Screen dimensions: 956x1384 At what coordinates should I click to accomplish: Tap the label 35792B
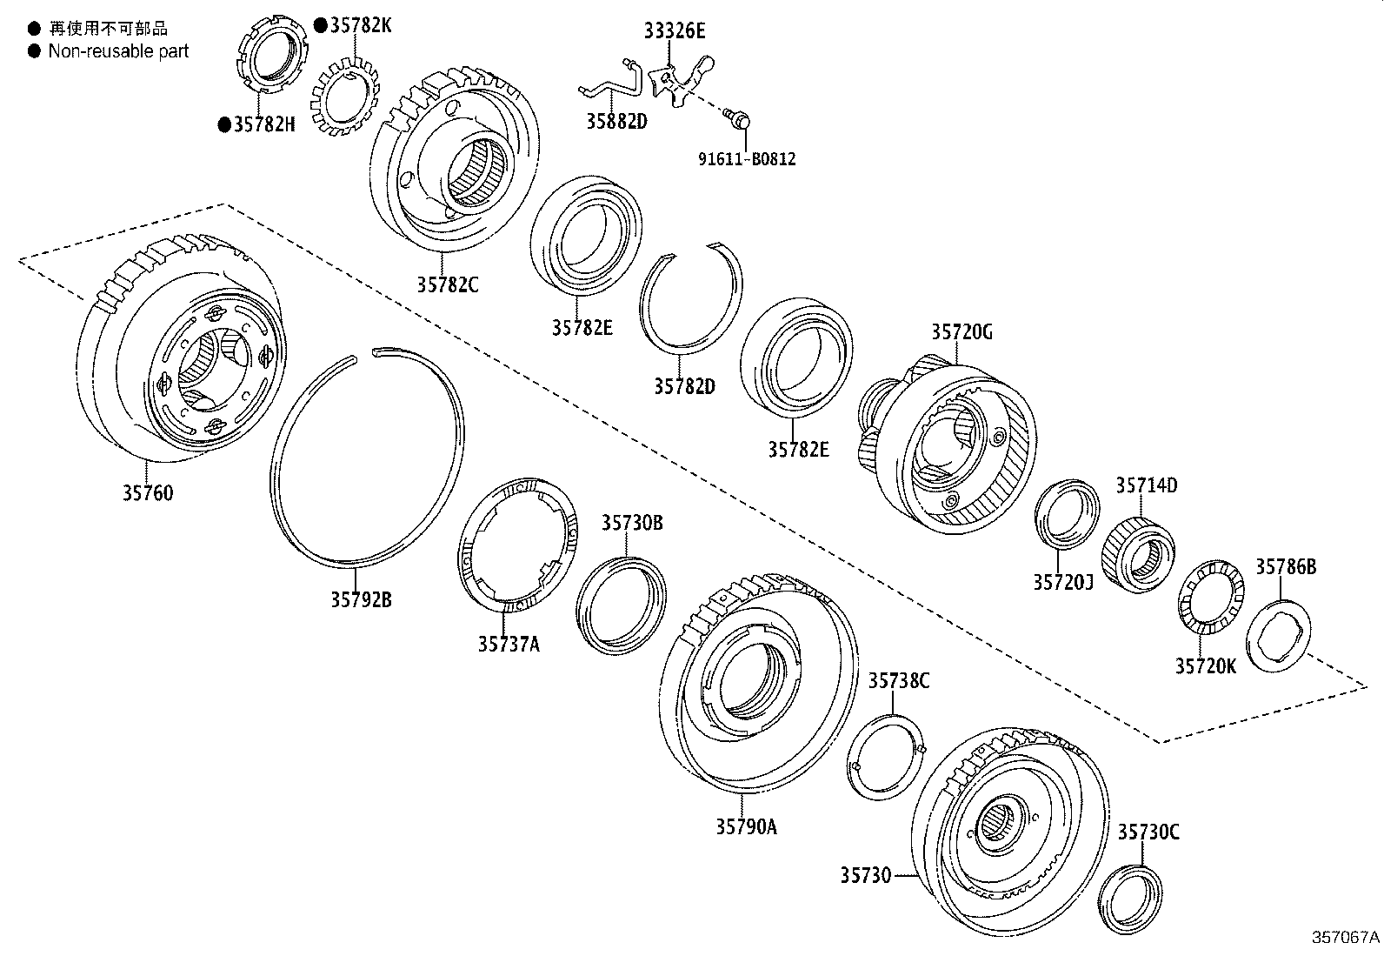point(360,599)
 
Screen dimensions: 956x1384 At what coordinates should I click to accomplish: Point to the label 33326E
point(675,31)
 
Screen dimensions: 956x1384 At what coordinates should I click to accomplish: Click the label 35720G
point(961,331)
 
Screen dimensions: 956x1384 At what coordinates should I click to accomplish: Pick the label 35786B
point(1286,567)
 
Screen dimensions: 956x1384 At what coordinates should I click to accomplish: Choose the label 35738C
point(898,680)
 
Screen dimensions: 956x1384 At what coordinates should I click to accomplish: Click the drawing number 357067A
point(1345,937)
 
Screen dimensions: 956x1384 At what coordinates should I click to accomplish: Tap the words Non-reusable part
point(118,50)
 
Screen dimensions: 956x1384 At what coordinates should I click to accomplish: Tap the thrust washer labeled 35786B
point(1279,636)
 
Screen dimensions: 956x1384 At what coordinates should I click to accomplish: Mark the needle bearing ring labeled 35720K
point(1208,599)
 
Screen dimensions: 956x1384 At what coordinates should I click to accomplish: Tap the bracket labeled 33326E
point(680,81)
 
